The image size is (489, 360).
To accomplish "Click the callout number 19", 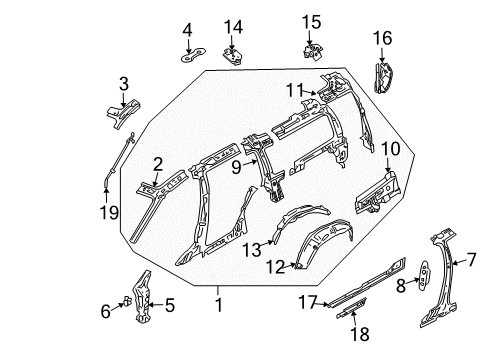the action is (109, 212).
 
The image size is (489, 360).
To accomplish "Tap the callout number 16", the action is (382, 38).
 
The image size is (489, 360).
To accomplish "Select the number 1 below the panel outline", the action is (218, 305).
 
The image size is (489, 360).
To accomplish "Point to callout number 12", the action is (275, 267).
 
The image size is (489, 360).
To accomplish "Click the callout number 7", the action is (471, 259).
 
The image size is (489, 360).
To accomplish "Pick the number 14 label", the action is (233, 27).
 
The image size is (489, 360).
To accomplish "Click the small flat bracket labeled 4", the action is (193, 56).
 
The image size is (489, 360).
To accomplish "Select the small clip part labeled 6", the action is (127, 300).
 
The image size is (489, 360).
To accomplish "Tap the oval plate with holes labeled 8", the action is (424, 276).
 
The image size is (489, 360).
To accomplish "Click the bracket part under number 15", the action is (313, 53).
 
